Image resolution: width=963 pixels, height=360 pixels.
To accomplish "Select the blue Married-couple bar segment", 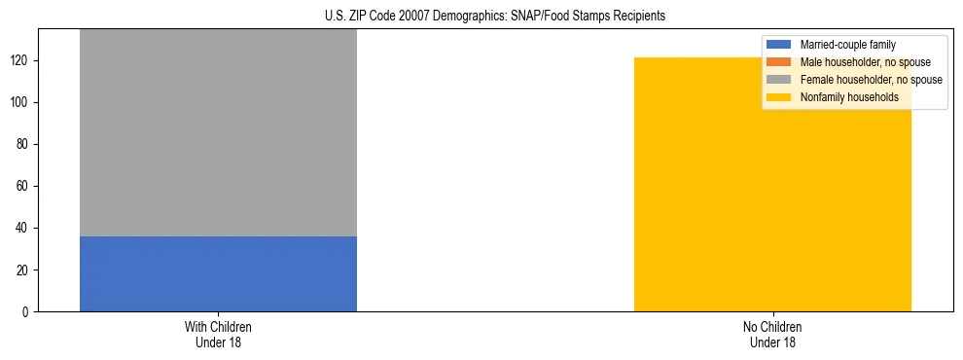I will (x=218, y=273).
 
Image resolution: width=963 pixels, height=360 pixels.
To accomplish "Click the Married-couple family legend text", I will (x=848, y=45).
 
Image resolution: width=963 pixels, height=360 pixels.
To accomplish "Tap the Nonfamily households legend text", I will (x=849, y=97).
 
